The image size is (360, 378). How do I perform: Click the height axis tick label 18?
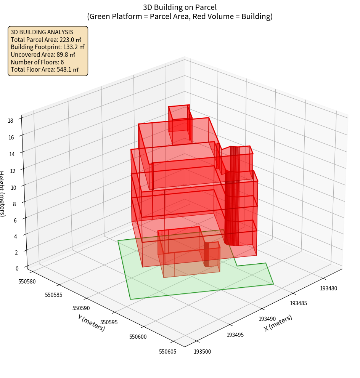point(10,120)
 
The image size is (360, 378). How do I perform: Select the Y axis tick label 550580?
point(27,281)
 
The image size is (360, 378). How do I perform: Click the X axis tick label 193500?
point(202,351)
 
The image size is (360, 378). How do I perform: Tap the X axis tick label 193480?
point(328,288)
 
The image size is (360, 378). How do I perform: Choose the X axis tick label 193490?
point(267,319)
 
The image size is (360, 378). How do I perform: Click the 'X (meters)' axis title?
point(278,323)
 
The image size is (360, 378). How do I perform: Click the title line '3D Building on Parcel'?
point(180,7)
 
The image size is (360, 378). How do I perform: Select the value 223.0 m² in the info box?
point(71,39)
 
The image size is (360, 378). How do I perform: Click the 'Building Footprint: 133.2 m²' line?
point(48,47)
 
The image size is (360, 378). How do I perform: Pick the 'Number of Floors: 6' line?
point(37,62)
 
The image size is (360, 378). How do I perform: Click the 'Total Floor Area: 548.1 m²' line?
point(45,69)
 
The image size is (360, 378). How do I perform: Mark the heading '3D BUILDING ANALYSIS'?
point(42,32)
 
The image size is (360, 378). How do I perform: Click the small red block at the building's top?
point(179,119)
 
